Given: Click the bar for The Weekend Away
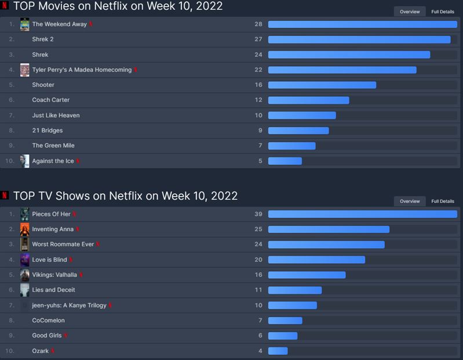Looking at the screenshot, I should (x=362, y=24).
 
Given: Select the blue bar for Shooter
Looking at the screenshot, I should (x=322, y=85).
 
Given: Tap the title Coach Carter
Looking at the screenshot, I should (x=50, y=100).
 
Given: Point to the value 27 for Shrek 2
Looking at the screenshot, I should (x=258, y=39).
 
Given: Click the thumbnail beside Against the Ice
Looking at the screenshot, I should (x=24, y=161).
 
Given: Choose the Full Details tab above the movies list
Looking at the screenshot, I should (x=443, y=12).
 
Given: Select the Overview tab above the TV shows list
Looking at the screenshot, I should (x=410, y=201).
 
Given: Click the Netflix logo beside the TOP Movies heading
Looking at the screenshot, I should (x=5, y=6).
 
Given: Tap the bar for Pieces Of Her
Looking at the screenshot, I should (x=362, y=214).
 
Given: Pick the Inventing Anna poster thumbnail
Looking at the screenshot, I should (x=24, y=229).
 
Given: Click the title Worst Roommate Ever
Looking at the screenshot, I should (x=63, y=244).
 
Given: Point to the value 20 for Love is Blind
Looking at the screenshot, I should (x=258, y=260).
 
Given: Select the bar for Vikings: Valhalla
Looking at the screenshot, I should (x=307, y=275).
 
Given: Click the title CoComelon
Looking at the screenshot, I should (x=48, y=320).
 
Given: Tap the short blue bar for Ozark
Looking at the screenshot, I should (x=278, y=351).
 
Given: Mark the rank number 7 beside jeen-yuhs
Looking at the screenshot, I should (x=12, y=305).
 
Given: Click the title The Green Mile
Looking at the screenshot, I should (x=53, y=146).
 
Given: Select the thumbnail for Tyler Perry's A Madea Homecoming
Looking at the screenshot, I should (x=24, y=70).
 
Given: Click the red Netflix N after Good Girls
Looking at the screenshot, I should (x=66, y=336).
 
